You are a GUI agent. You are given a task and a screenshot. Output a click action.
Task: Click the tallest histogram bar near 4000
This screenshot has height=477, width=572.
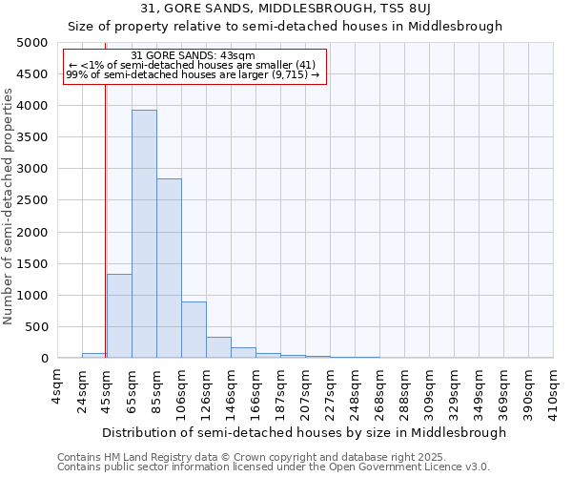click(x=144, y=234)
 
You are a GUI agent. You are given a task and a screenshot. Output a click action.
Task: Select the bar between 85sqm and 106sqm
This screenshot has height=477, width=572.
click(x=169, y=268)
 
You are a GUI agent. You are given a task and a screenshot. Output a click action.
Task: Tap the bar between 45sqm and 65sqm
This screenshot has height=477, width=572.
click(x=119, y=316)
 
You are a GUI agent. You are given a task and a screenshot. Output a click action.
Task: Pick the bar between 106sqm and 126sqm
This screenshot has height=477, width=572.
click(x=194, y=329)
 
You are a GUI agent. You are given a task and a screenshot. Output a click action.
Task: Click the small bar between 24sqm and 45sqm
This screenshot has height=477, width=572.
click(x=94, y=355)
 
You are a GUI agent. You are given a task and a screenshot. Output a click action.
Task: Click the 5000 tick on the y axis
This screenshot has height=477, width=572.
click(x=32, y=43)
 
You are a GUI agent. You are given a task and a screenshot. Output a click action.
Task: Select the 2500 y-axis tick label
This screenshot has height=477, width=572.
click(x=32, y=200)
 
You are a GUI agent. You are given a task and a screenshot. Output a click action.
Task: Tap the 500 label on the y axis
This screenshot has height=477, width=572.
click(x=36, y=327)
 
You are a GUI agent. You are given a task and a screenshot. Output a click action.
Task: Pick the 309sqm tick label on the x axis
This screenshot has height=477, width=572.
click(x=429, y=388)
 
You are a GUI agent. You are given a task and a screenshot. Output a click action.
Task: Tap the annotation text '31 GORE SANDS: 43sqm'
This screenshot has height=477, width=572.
click(x=193, y=55)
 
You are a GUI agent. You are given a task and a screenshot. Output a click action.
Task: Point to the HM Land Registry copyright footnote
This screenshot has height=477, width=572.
click(x=273, y=457)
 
